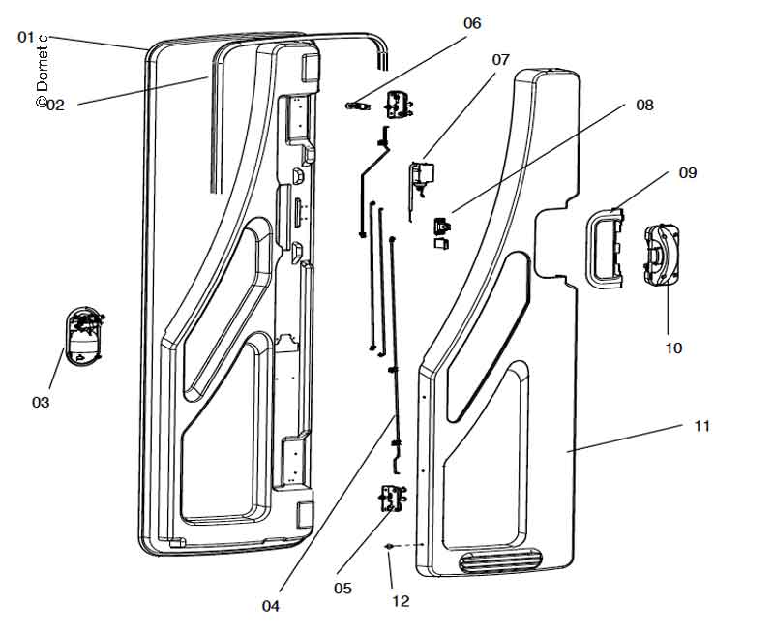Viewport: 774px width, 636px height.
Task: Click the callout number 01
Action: [25, 37]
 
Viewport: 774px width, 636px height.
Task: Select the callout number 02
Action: [55, 105]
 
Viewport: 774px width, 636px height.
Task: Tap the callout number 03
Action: [41, 401]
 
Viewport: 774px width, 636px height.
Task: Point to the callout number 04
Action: [270, 606]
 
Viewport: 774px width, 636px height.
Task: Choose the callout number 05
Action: [342, 588]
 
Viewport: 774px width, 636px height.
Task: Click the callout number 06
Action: [471, 23]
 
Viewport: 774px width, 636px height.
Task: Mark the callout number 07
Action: [500, 60]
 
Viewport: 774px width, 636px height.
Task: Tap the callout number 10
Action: [673, 347]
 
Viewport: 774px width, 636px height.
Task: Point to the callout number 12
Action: [401, 601]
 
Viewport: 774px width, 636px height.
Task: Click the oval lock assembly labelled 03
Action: [85, 336]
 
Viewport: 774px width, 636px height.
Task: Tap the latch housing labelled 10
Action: [665, 257]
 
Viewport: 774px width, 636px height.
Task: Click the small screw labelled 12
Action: [389, 547]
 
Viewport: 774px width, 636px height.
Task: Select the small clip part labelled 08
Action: [440, 227]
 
